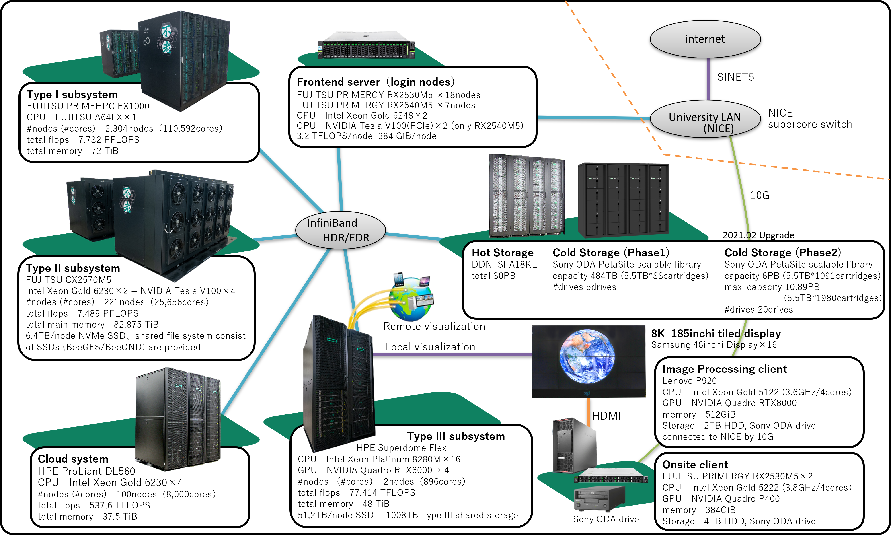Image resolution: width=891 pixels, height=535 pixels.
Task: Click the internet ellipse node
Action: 705,39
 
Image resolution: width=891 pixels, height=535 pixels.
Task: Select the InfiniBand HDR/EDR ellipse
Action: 340,230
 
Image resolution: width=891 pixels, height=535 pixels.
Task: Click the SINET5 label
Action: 735,77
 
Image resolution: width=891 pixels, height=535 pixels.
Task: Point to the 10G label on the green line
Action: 760,195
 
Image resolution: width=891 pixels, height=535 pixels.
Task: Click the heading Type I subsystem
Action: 72,95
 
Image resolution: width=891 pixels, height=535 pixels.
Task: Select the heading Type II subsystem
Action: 73,268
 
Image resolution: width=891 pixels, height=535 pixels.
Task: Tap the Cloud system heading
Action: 73,459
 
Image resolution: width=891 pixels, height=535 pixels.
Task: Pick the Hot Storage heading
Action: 503,253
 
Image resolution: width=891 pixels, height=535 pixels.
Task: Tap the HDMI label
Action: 606,416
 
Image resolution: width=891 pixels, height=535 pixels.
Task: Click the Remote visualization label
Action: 434,327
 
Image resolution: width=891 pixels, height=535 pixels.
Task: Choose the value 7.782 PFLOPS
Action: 109,140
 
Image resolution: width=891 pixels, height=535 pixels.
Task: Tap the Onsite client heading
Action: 695,465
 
